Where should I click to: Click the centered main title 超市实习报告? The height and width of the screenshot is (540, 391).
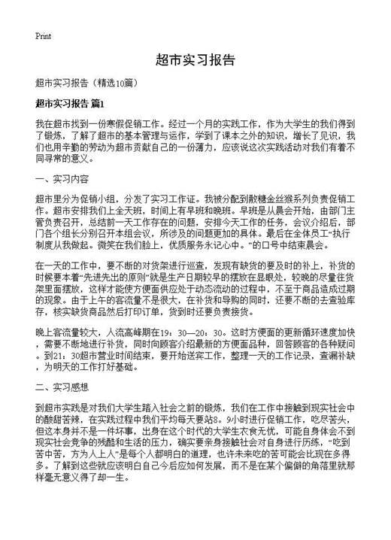(x=195, y=59)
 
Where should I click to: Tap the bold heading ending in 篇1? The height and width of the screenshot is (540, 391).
(x=75, y=102)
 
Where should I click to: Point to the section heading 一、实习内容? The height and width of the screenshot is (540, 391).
(x=62, y=179)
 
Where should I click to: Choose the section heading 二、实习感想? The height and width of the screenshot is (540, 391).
(x=62, y=388)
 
